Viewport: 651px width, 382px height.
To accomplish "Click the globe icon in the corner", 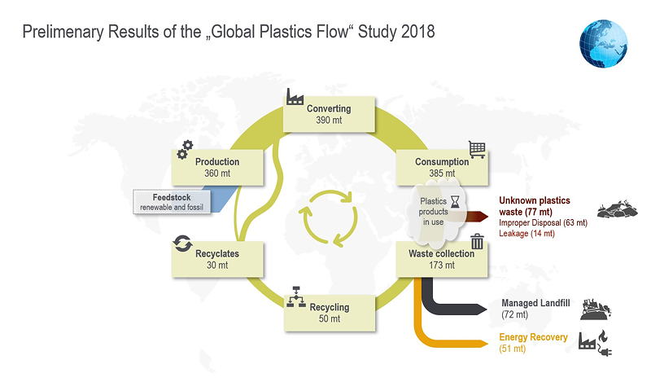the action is pyautogui.click(x=603, y=44).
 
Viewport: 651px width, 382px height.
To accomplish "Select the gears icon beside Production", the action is pyautogui.click(x=185, y=150).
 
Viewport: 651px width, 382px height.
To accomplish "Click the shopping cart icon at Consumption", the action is pyautogui.click(x=477, y=149).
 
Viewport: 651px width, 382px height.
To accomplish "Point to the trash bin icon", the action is pyautogui.click(x=477, y=241).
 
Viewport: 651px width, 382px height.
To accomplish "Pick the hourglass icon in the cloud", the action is pyautogui.click(x=456, y=202).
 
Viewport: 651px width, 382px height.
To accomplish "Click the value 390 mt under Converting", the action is pyautogui.click(x=329, y=120).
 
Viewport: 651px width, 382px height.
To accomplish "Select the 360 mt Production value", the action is pyautogui.click(x=217, y=173).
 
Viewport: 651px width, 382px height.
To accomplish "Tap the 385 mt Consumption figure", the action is pyautogui.click(x=442, y=173).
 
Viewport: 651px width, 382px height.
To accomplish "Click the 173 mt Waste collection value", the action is pyautogui.click(x=442, y=266).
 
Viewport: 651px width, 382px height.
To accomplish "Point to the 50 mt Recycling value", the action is pyautogui.click(x=330, y=318).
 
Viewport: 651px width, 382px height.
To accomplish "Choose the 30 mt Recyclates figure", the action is pyautogui.click(x=217, y=266).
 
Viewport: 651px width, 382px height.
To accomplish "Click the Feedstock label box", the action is pyautogui.click(x=172, y=202).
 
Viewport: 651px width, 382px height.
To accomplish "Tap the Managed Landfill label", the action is pyautogui.click(x=535, y=303).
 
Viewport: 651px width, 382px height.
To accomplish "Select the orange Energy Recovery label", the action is pyautogui.click(x=533, y=337).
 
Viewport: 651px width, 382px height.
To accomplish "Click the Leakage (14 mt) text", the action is pyautogui.click(x=526, y=234).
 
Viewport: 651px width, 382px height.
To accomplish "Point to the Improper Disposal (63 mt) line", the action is pyautogui.click(x=543, y=223).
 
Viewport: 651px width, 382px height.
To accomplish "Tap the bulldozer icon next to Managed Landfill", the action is pyautogui.click(x=596, y=310).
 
